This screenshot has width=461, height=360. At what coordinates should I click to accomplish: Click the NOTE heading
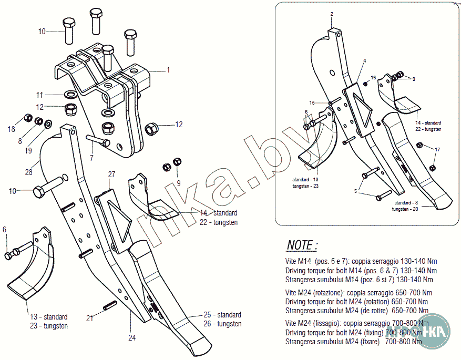tap(302, 245)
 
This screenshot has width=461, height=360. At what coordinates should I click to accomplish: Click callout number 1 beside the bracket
tap(168, 69)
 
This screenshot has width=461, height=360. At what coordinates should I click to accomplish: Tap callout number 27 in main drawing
tap(111, 174)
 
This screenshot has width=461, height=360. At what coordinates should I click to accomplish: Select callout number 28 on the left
tap(28, 171)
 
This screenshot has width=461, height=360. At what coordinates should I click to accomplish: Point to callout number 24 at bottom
tap(132, 337)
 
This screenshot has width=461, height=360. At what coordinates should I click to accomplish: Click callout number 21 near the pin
tap(90, 317)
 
